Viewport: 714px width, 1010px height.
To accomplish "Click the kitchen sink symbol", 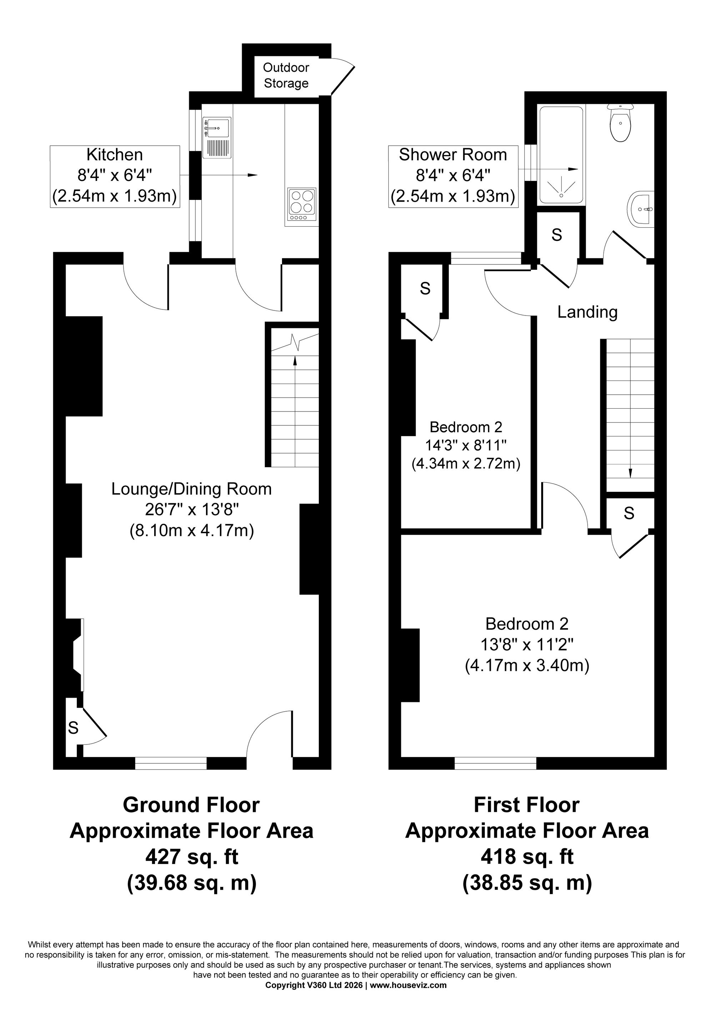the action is point(217,138).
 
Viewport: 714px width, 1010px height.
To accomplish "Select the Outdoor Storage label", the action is point(286,75).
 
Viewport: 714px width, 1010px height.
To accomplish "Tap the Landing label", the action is point(587,312).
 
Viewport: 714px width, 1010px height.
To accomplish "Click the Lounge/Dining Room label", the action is point(191,489).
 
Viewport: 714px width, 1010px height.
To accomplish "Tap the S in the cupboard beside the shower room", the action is point(557,235).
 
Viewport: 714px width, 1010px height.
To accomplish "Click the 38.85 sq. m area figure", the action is point(527,883).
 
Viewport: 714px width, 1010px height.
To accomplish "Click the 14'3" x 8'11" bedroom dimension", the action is point(466,446).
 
